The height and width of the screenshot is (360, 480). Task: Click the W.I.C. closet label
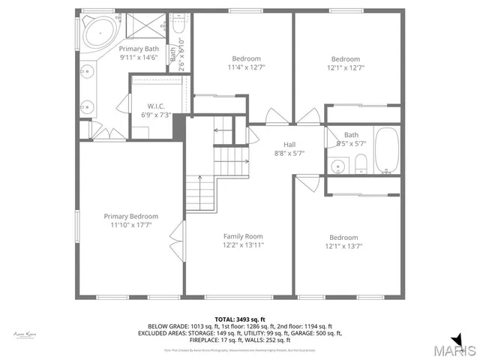point(156,106)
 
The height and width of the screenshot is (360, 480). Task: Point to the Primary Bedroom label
point(130,216)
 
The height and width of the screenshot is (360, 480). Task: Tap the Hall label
point(293,145)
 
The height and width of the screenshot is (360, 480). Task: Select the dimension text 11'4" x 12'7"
point(246,67)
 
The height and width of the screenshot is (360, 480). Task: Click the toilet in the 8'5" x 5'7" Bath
point(360,163)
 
